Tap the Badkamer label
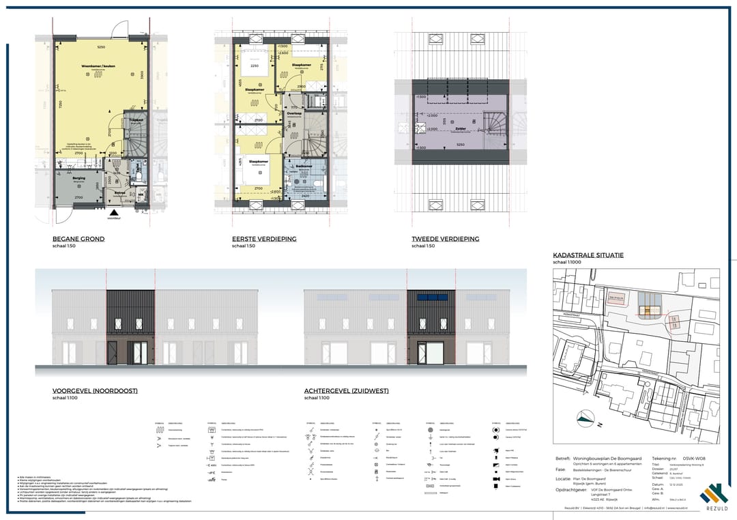point(304,165)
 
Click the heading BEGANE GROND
point(78,239)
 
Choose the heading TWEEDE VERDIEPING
point(445,239)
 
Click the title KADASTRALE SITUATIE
point(588,255)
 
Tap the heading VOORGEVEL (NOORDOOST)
point(95,391)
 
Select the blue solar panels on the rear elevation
point(429,298)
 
